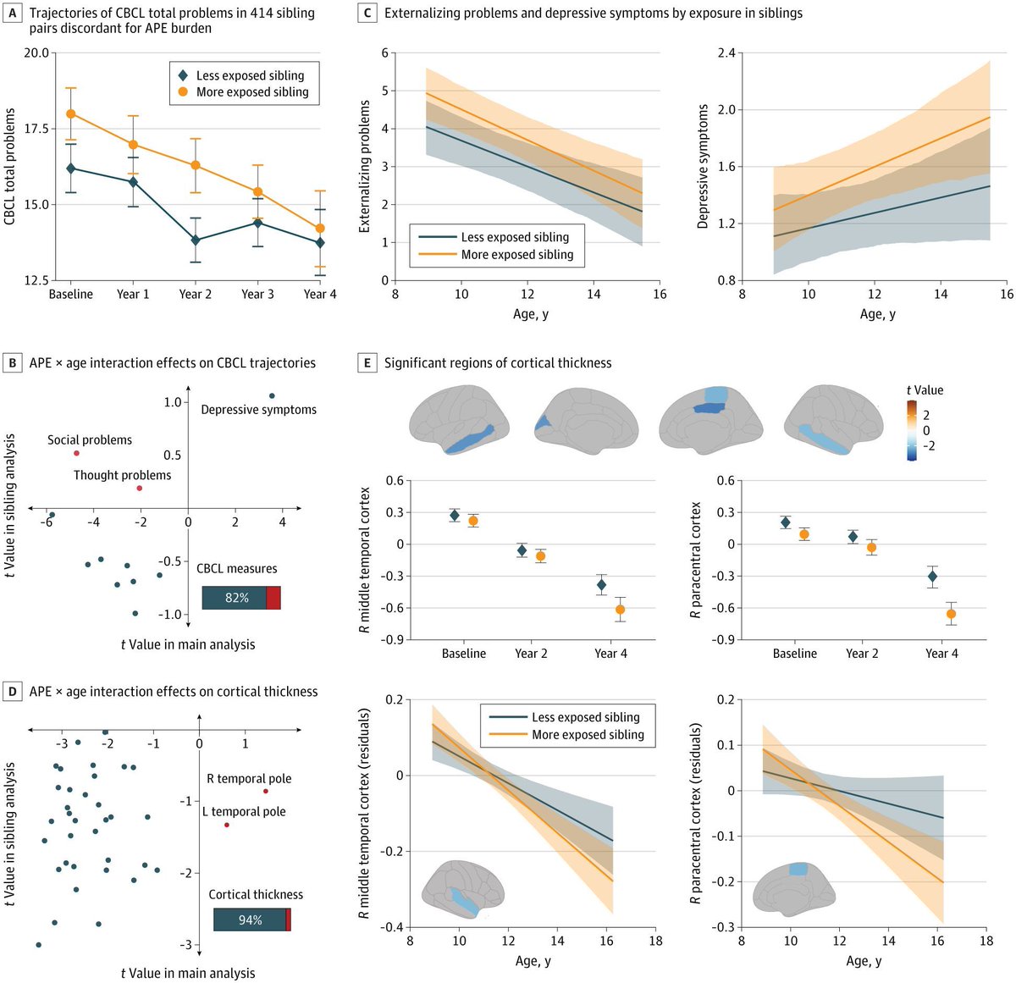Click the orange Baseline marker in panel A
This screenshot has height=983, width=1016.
tap(71, 113)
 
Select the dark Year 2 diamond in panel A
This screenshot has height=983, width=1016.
tap(196, 240)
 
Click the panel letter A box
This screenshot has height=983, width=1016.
tap(12, 13)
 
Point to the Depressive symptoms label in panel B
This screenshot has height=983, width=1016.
tap(258, 410)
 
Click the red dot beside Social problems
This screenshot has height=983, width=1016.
tap(76, 454)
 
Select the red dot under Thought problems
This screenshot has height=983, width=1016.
tap(140, 489)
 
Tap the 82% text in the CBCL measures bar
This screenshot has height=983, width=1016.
tap(236, 598)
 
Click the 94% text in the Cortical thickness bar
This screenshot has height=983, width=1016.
tap(250, 920)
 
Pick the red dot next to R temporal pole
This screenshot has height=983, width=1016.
tap(266, 792)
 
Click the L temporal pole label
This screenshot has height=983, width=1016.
tap(244, 812)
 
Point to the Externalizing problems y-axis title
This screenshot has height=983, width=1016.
tap(365, 166)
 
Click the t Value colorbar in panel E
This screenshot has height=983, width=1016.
tap(911, 430)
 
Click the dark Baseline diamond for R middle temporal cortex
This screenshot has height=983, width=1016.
tap(455, 515)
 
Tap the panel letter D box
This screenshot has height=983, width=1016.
tap(12, 692)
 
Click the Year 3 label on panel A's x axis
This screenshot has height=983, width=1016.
tap(257, 295)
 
